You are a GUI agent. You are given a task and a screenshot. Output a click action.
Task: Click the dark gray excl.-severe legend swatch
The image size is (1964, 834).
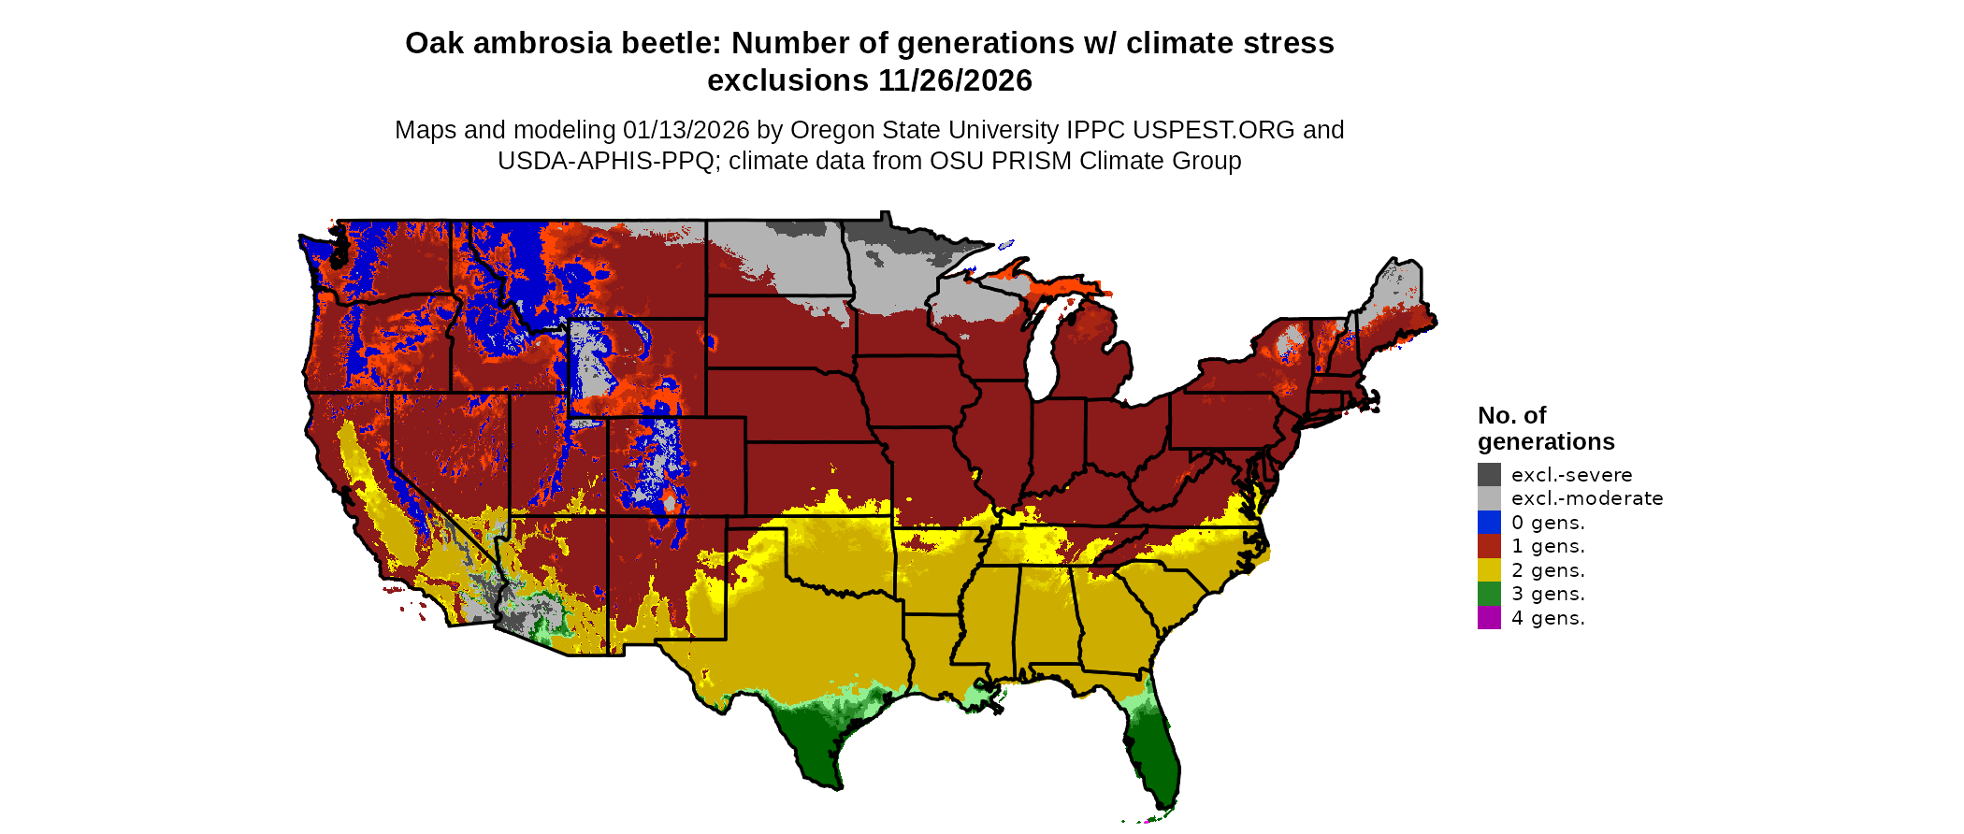(1489, 475)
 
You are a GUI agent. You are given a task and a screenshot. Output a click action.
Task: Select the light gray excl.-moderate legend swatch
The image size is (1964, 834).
(1489, 498)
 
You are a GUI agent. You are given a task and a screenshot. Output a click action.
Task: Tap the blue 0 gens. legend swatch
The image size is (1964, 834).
(1489, 523)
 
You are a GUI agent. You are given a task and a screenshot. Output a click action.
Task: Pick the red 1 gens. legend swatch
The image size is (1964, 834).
(1489, 546)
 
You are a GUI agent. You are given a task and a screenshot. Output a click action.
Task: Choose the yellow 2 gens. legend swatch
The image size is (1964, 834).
(1489, 570)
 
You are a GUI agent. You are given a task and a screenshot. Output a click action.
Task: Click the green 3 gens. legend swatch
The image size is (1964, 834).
(1489, 594)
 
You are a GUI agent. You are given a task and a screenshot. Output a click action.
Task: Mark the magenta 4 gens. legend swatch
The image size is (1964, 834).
(1489, 618)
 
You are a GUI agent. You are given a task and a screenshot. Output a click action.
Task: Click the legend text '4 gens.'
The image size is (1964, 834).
(1548, 618)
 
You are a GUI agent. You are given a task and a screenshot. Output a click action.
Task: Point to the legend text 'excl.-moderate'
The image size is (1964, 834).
(1587, 498)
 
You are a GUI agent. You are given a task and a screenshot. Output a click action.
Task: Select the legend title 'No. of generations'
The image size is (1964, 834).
(1545, 428)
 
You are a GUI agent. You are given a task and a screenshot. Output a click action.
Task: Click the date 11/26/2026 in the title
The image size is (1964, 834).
(955, 80)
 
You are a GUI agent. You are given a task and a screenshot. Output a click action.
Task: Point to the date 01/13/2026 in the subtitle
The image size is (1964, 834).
(686, 130)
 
